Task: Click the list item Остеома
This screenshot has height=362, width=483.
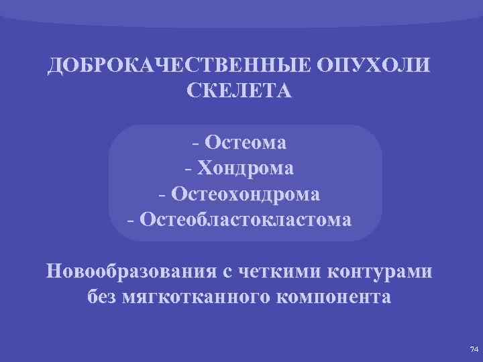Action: coord(246,142)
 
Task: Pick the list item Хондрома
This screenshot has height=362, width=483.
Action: coord(246,168)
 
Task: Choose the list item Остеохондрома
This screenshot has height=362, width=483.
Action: coord(246,194)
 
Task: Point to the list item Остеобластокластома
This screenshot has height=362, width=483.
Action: coord(245,219)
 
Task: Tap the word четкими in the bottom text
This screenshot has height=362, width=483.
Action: coord(281,272)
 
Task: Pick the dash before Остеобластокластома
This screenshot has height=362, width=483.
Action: coord(130,221)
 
